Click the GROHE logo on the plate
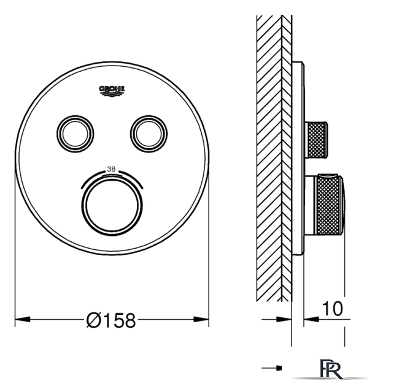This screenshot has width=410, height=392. pyautogui.click(x=112, y=91)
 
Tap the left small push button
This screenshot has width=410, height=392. pyautogui.click(x=75, y=134)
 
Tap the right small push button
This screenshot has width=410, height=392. pyautogui.click(x=149, y=134)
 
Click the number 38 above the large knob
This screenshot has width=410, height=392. pyautogui.click(x=111, y=169)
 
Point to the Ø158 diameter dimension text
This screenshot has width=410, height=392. pyautogui.click(x=111, y=320)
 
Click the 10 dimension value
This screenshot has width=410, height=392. pyautogui.click(x=332, y=309)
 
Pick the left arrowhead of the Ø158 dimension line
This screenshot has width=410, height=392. pyautogui.click(x=23, y=319)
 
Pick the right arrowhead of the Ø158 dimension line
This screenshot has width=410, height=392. pyautogui.click(x=201, y=319)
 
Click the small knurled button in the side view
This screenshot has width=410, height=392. pyautogui.click(x=316, y=140)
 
